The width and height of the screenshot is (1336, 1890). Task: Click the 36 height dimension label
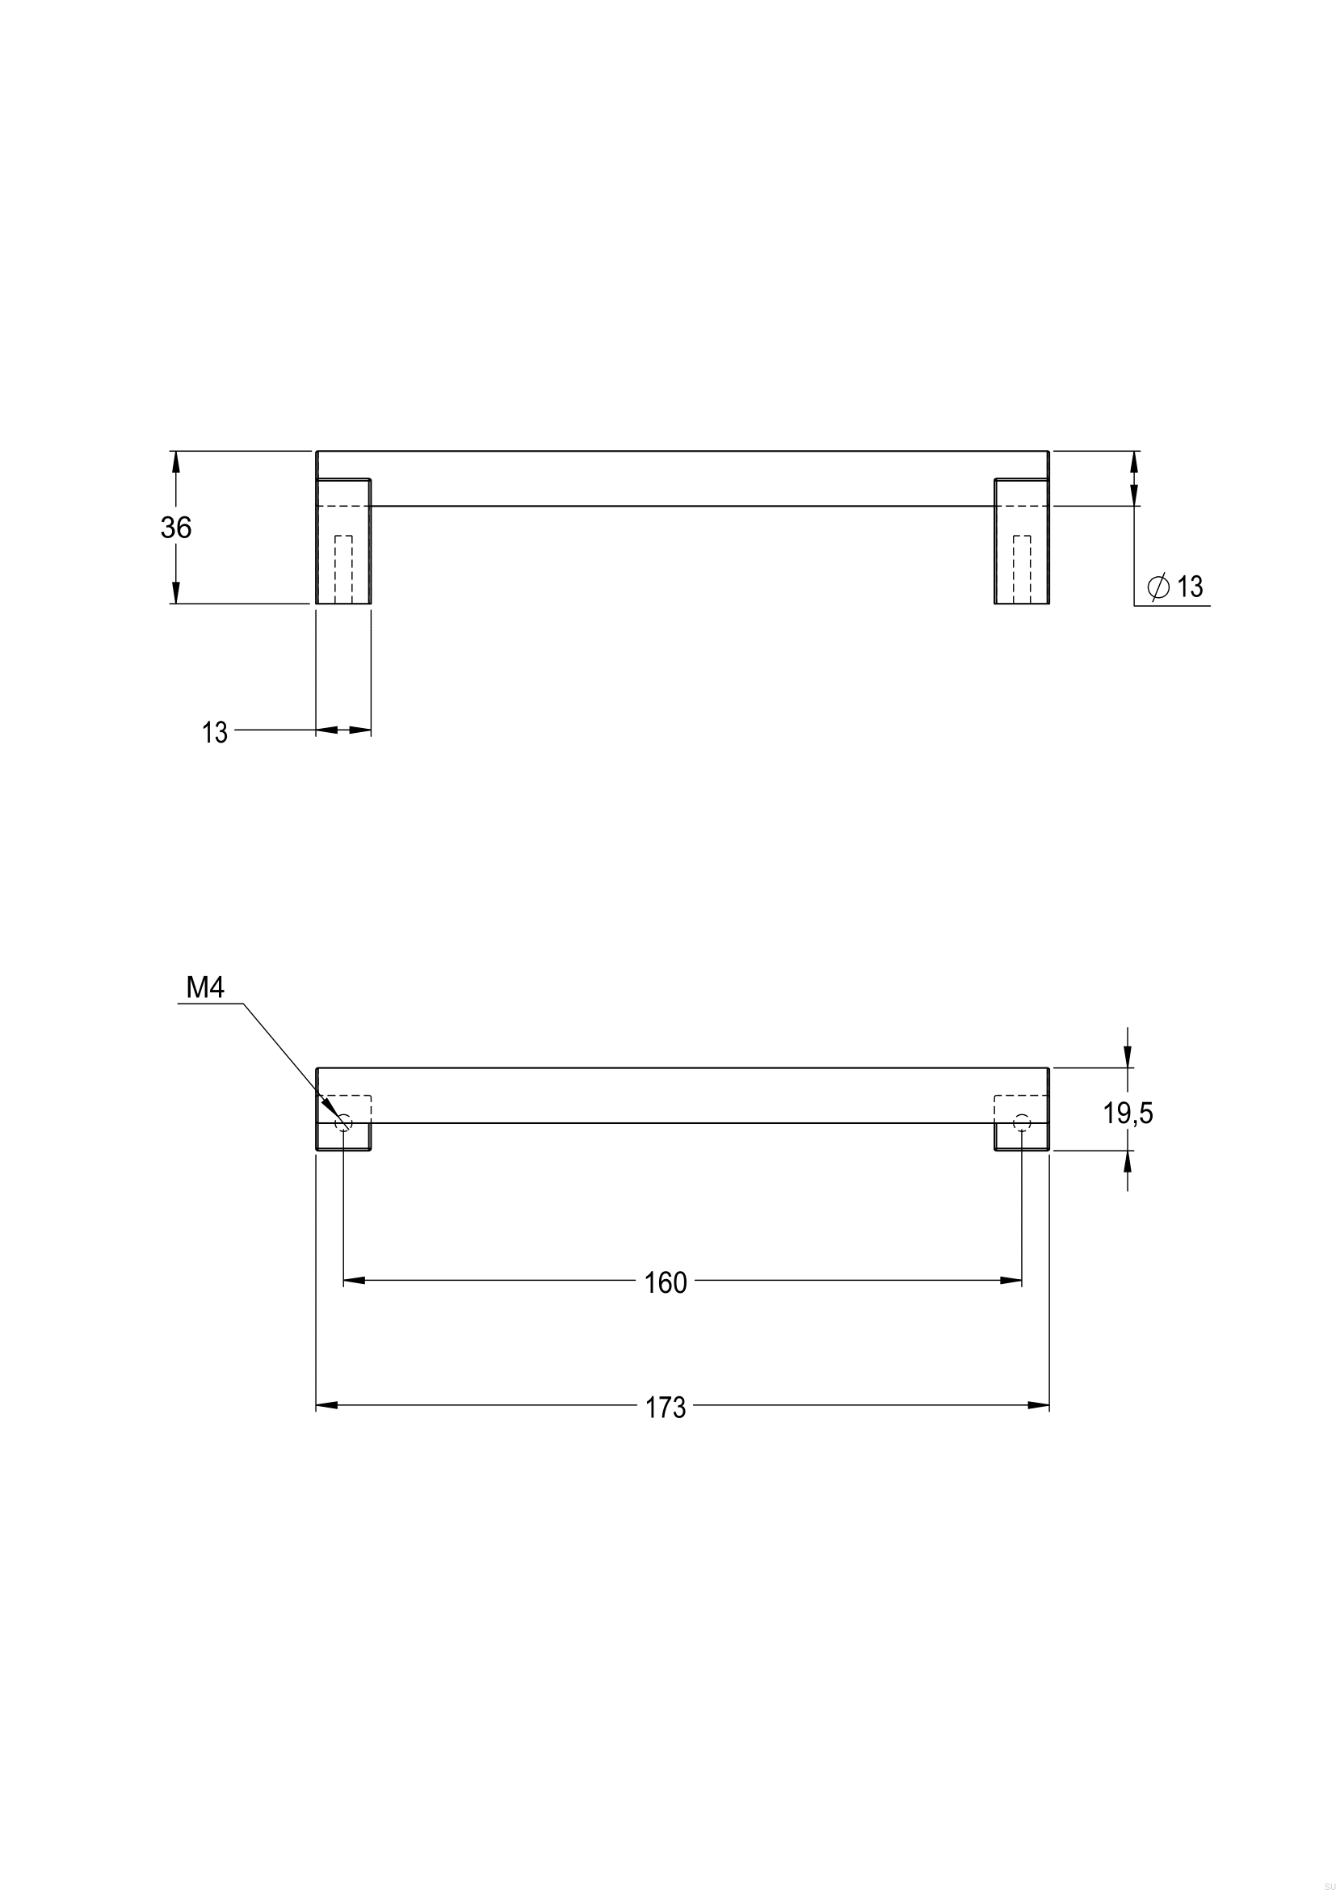[176, 528]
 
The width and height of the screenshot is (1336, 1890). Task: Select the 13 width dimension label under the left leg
[215, 733]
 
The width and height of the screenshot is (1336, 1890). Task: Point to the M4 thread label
[205, 987]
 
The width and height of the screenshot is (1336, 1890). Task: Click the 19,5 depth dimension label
[1128, 1113]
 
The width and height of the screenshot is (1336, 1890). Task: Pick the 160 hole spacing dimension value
[666, 1283]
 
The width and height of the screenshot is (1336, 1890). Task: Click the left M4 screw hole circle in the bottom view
[344, 1123]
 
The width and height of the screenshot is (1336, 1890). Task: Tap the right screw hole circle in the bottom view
[1022, 1123]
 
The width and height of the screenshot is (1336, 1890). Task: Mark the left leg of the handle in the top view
[344, 541]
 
